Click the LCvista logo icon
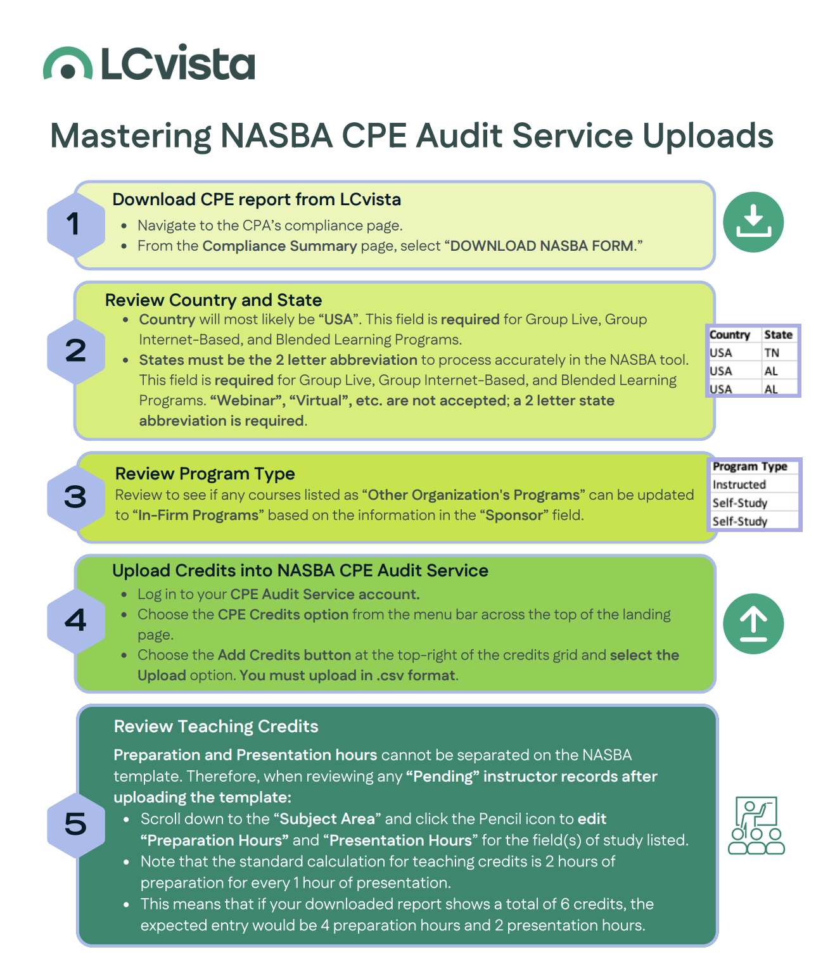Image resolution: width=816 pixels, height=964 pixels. [x=68, y=64]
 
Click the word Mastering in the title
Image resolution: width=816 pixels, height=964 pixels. [x=131, y=136]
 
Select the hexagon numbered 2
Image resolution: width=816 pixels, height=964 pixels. [x=75, y=351]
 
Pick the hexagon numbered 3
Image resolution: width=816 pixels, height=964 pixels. [x=75, y=497]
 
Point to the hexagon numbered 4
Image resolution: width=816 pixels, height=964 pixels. [x=75, y=620]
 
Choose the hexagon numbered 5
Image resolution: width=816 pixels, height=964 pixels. [x=75, y=824]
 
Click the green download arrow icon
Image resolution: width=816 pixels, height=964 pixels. [x=753, y=222]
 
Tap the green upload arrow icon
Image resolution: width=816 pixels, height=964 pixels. [x=753, y=623]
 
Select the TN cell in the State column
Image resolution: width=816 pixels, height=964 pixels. [x=771, y=353]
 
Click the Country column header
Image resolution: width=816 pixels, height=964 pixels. [x=729, y=335]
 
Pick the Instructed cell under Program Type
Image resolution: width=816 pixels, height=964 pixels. [x=739, y=485]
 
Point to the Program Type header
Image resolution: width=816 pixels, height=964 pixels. [x=749, y=467]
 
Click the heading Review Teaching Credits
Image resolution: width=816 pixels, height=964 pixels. [x=216, y=726]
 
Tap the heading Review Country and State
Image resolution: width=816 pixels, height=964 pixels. [x=214, y=300]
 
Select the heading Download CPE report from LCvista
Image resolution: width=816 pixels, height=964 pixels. [x=257, y=200]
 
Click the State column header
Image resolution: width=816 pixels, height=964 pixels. [x=778, y=335]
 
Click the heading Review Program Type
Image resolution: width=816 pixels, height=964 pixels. [x=205, y=474]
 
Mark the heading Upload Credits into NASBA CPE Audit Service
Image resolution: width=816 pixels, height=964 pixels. [x=300, y=571]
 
